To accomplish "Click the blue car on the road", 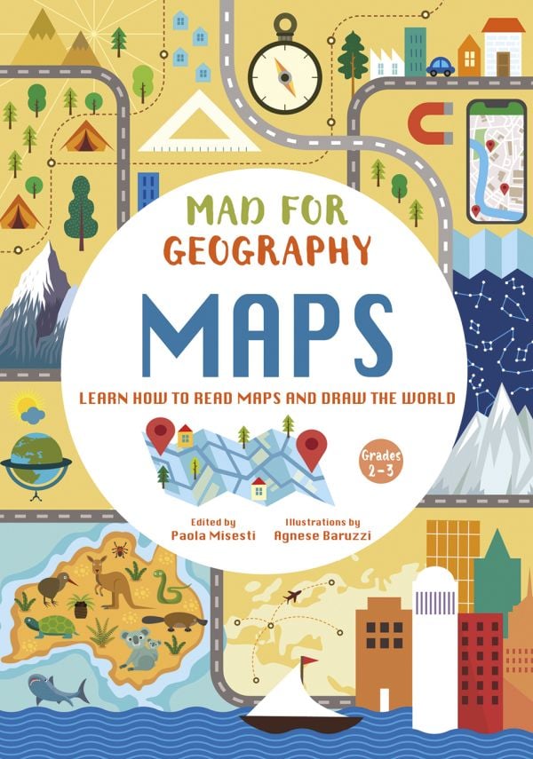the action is pos(440,67).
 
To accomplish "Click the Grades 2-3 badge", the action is pos(380,459).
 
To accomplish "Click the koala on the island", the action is pos(138,648).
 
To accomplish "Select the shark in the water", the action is pos(58,688).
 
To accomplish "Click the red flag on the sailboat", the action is pos(306,661).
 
